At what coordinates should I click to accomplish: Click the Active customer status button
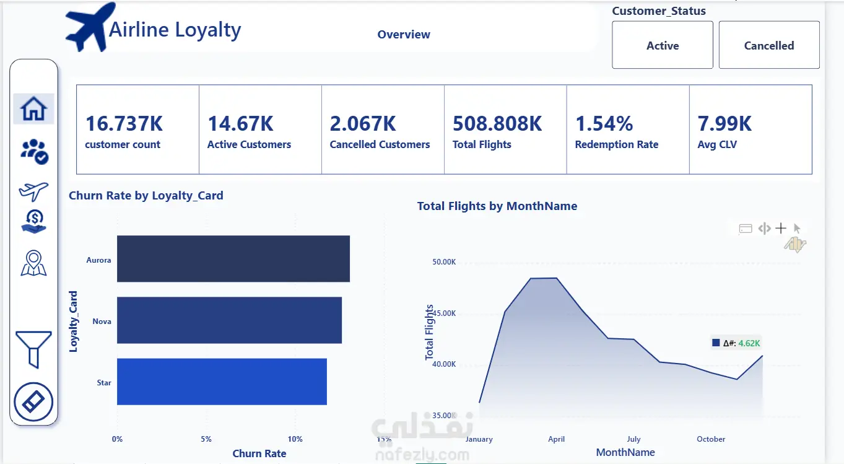pos(663,45)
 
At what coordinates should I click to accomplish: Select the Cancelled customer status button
pos(769,45)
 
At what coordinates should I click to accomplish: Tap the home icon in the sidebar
pos(33,108)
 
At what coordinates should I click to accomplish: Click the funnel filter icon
pos(33,349)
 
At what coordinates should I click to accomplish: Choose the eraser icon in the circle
pos(33,402)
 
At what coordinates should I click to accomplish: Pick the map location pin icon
pos(33,263)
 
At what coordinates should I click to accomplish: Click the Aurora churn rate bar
pos(233,258)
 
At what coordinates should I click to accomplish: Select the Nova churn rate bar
pos(230,320)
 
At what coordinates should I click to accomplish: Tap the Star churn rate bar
pos(222,382)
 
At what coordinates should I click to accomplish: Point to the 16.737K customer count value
pos(124,124)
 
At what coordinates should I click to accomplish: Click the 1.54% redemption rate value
pos(604,124)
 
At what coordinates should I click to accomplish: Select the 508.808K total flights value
pos(497,124)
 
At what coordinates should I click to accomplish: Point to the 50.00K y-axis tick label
pos(444,261)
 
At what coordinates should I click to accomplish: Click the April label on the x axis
pos(556,439)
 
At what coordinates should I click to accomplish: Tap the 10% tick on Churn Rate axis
pos(295,439)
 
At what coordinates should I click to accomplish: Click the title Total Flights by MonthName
pos(497,206)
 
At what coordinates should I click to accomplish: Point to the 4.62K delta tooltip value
pos(749,343)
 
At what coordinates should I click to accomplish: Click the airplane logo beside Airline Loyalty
pos(90,27)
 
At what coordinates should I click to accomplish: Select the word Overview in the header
pos(404,34)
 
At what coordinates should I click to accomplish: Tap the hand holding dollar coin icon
pos(34,222)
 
